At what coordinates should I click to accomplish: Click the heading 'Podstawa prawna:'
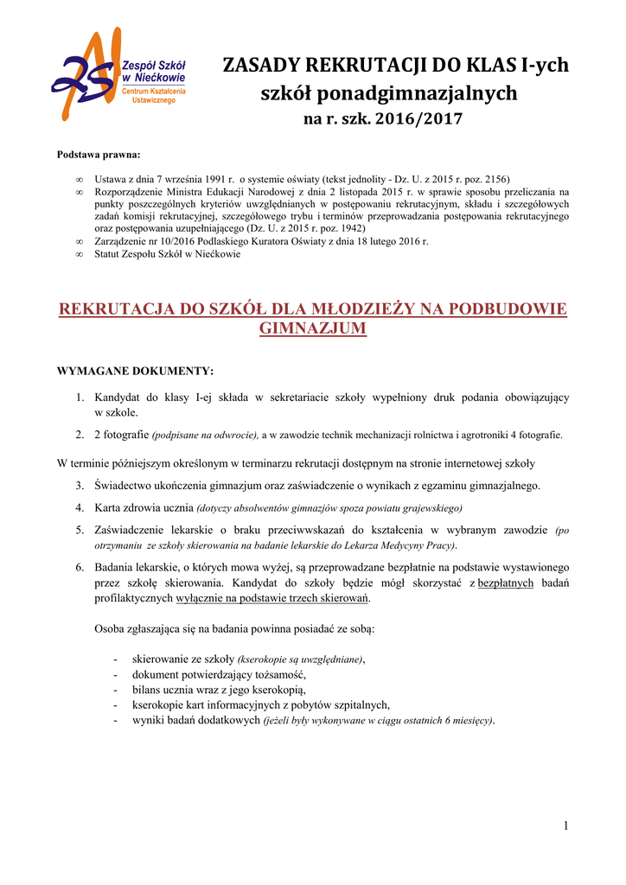(x=98, y=155)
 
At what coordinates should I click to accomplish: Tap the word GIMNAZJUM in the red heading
(x=313, y=328)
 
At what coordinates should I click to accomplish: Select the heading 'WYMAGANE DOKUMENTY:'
(x=135, y=371)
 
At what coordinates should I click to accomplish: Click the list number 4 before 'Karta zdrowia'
(x=79, y=507)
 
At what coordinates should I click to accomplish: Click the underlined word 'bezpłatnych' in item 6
(x=507, y=584)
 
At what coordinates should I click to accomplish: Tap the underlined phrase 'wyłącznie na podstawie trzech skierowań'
(x=272, y=599)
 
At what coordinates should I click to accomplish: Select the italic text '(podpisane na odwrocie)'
(x=205, y=436)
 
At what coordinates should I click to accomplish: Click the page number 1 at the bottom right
(x=565, y=827)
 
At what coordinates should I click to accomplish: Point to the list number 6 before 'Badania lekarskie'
(x=79, y=568)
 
